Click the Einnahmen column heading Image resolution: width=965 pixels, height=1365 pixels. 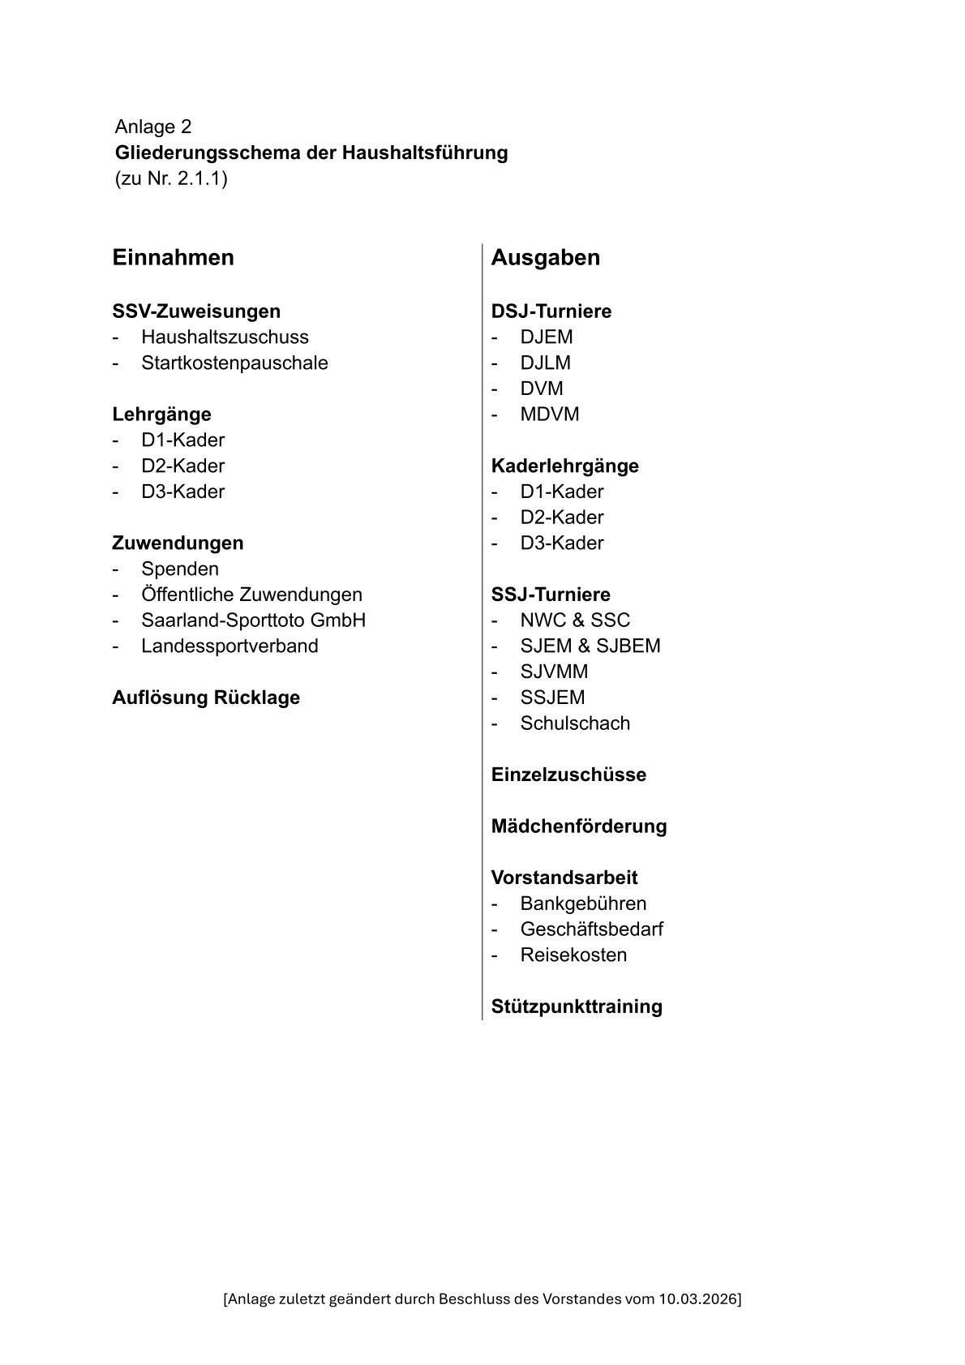point(173,258)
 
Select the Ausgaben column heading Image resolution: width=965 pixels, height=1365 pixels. point(545,258)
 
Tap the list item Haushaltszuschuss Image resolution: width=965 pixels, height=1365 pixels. point(225,337)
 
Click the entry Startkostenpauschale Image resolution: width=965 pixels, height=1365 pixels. point(234,363)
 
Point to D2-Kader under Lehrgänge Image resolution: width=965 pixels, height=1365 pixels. point(182,466)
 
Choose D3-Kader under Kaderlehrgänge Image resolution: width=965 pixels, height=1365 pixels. point(561,543)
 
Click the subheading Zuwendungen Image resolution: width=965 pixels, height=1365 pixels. point(178,543)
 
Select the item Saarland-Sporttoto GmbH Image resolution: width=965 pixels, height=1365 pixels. point(253,620)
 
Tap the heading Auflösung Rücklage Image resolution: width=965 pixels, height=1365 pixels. point(206,698)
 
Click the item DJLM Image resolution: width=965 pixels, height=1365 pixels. point(545,363)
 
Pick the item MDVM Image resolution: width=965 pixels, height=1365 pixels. point(550,414)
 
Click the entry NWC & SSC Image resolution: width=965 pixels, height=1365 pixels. point(574,620)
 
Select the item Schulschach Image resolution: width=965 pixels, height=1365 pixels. point(574,723)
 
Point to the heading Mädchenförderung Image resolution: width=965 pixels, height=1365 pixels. point(578,826)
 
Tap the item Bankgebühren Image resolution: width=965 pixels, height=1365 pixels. point(583,904)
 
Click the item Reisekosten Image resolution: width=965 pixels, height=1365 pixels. point(573,955)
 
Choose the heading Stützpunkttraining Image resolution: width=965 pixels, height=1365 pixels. point(577,1007)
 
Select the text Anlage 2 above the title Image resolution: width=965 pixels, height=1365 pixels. point(153,127)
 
